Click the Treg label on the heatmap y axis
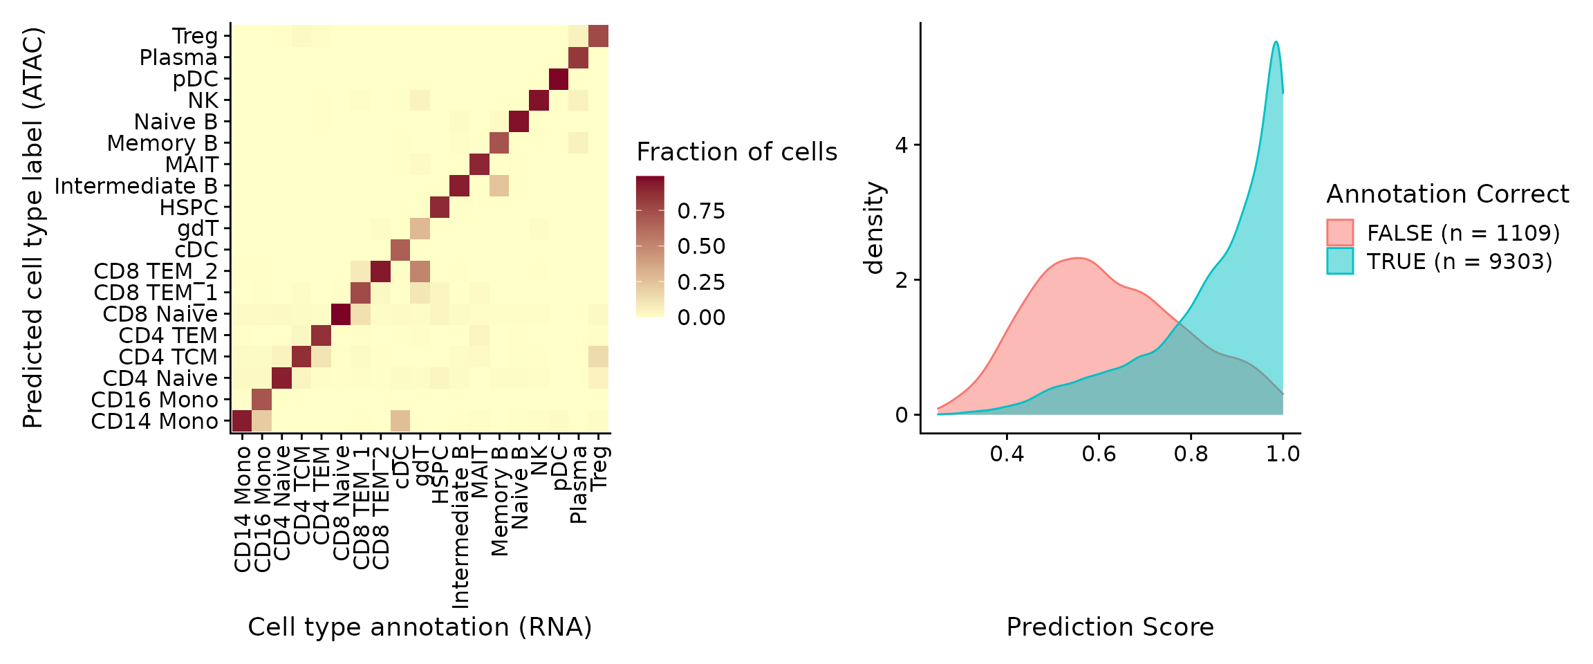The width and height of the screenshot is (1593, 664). (x=195, y=36)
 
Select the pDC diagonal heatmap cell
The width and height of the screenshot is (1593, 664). (x=559, y=79)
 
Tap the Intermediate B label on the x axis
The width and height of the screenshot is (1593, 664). (x=460, y=527)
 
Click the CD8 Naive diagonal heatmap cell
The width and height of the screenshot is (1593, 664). (x=341, y=314)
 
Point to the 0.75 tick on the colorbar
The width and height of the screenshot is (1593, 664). (x=701, y=211)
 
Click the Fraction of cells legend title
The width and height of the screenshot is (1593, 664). (x=736, y=151)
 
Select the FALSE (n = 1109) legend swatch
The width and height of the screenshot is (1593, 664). (x=1339, y=232)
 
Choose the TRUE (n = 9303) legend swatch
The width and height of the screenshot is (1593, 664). (x=1339, y=261)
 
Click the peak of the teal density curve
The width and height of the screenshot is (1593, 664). (x=1276, y=42)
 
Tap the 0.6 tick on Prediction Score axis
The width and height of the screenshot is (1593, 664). (x=1099, y=454)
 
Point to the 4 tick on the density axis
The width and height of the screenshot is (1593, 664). (x=901, y=145)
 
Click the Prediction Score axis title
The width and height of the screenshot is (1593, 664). (x=1110, y=627)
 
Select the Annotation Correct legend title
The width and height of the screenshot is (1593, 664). (x=1447, y=194)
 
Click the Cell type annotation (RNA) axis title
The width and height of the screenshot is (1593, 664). (x=420, y=627)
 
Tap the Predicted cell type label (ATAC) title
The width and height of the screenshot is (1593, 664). (x=32, y=228)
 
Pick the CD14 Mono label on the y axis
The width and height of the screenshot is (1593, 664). (x=154, y=421)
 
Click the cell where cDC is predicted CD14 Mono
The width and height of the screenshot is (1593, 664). (x=400, y=421)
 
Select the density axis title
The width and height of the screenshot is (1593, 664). (x=875, y=228)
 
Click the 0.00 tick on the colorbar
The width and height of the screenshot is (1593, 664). (x=701, y=317)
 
